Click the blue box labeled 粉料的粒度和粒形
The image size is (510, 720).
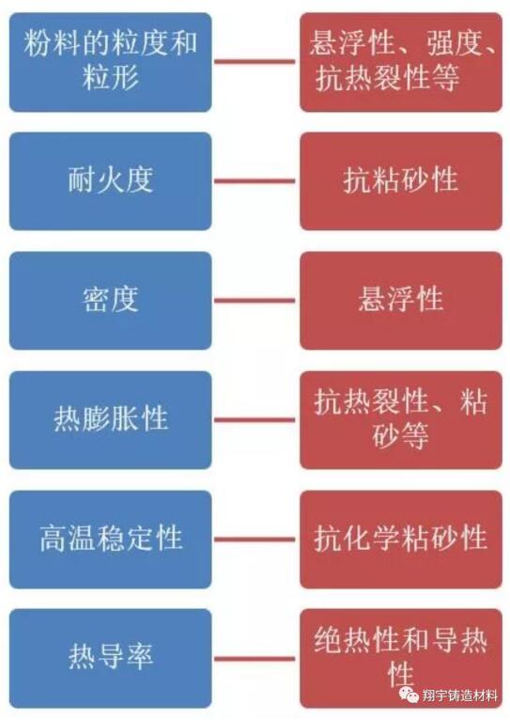pyautogui.click(x=111, y=62)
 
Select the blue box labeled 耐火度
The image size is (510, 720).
pyautogui.click(x=111, y=180)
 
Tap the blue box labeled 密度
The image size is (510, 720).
pyautogui.click(x=111, y=300)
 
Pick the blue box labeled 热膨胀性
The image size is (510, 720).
pyautogui.click(x=111, y=420)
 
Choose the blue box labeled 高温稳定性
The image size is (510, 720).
pyautogui.click(x=111, y=540)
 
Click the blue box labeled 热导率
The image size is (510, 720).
pyautogui.click(x=111, y=659)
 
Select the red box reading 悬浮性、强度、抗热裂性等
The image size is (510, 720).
pyautogui.click(x=401, y=62)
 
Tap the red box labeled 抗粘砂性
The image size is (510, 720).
pyautogui.click(x=401, y=180)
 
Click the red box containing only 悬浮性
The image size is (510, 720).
pyautogui.click(x=401, y=300)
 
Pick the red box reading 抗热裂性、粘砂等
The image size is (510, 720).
pyautogui.click(x=401, y=420)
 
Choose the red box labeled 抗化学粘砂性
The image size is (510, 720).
pyautogui.click(x=401, y=540)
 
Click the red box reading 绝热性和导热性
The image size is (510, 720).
pyautogui.click(x=401, y=659)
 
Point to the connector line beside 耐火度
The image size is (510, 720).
pyautogui.click(x=255, y=180)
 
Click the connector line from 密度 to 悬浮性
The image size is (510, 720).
pyautogui.click(x=255, y=300)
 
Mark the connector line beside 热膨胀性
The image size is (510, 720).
pyautogui.click(x=255, y=420)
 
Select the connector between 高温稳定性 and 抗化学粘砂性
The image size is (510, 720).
pyautogui.click(x=255, y=540)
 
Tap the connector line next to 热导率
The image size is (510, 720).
pyautogui.click(x=255, y=659)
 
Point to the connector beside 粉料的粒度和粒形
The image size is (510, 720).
pyautogui.click(x=255, y=61)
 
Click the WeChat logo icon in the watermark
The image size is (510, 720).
pyautogui.click(x=409, y=695)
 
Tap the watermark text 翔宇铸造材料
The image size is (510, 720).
pyautogui.click(x=459, y=696)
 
